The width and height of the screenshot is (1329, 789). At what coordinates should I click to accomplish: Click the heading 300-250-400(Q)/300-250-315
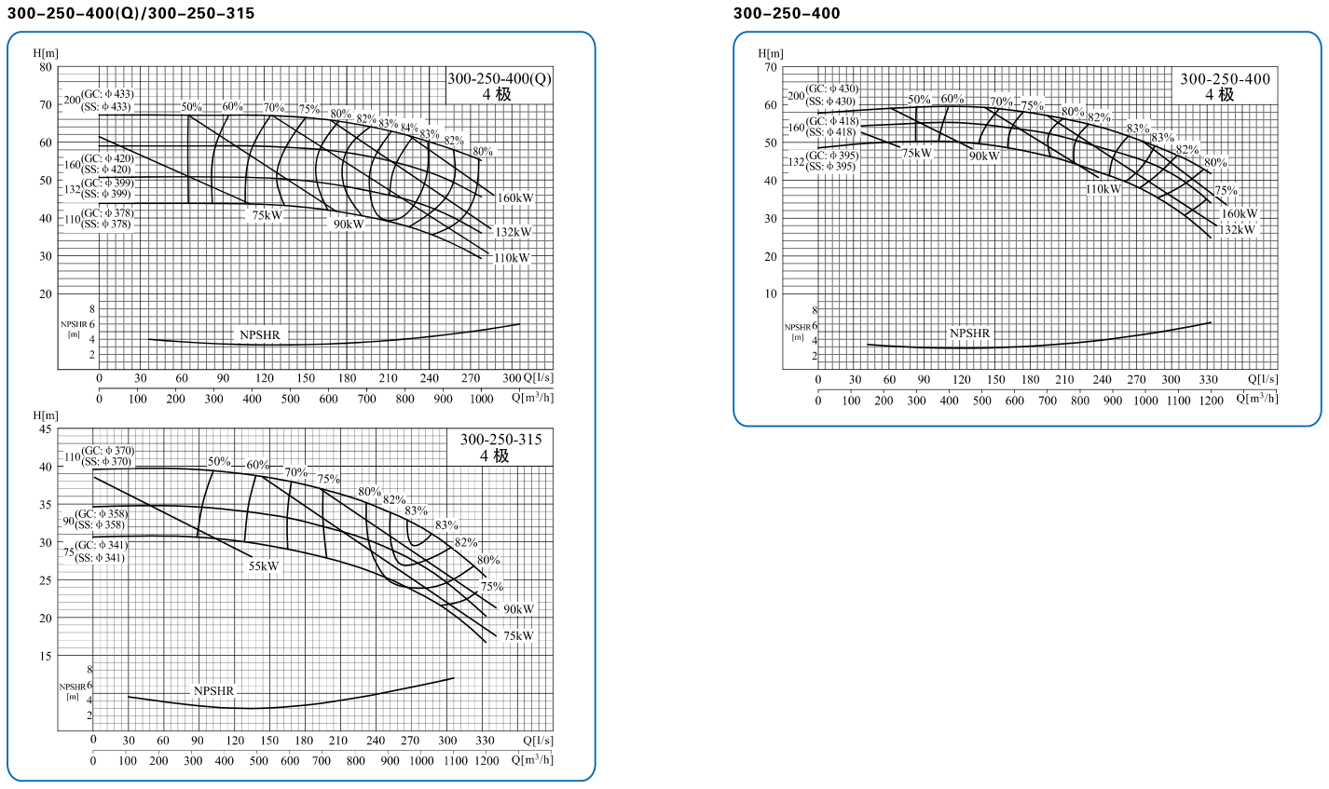[130, 13]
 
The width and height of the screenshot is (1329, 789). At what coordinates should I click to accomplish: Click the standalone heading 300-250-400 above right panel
[787, 13]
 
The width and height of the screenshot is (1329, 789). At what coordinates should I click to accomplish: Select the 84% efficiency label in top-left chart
[409, 128]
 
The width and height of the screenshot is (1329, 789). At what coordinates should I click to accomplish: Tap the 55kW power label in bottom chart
[264, 566]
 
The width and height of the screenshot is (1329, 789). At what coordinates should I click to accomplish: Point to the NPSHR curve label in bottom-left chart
[213, 691]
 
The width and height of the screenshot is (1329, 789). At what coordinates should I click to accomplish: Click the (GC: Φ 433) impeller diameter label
[107, 94]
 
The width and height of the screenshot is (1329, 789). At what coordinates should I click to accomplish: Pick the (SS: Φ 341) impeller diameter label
[102, 558]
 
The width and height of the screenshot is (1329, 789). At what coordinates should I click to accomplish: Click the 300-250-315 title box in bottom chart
[500, 447]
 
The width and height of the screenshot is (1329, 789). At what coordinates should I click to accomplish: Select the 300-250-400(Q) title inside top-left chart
[500, 86]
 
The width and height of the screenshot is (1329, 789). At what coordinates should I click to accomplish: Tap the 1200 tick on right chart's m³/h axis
[1211, 401]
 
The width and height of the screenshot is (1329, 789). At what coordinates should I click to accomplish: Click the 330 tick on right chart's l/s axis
[1208, 380]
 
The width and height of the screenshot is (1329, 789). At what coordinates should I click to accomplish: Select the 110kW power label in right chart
[1103, 189]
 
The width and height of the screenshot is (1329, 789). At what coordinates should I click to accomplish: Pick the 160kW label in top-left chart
[515, 198]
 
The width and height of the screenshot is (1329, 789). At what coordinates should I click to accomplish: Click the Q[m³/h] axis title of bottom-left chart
[532, 759]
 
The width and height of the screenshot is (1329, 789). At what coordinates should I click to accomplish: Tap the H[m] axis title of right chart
[770, 53]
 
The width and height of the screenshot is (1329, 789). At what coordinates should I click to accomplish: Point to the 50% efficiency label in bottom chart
[219, 462]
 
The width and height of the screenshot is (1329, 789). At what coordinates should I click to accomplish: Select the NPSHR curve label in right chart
[969, 333]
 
